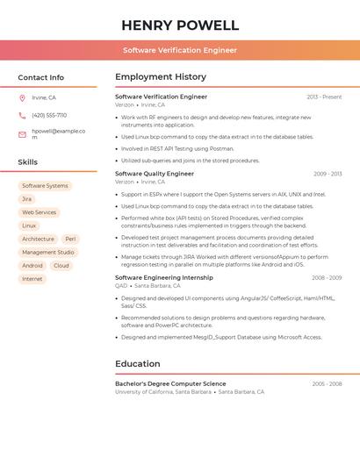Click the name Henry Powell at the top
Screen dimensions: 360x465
[x=180, y=25]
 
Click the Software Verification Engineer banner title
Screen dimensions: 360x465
[x=180, y=50]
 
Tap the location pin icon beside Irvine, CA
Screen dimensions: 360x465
[x=22, y=98]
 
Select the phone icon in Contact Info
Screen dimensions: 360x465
[x=22, y=115]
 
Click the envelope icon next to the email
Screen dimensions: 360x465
[x=22, y=134]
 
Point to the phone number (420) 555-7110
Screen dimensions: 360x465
[x=49, y=115]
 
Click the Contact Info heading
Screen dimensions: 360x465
[x=40, y=77]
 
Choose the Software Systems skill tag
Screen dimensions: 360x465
[x=45, y=186]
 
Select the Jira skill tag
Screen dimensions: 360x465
[x=26, y=199]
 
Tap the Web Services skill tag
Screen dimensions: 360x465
[x=39, y=212]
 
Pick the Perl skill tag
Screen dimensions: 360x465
[x=70, y=239]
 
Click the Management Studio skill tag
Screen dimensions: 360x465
[x=47, y=252]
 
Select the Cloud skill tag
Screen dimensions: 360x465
[x=61, y=265]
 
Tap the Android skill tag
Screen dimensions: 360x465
[x=32, y=265]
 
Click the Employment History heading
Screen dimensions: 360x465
[x=161, y=77]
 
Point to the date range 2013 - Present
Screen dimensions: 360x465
[x=324, y=97]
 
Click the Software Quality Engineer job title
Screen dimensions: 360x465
[x=155, y=174]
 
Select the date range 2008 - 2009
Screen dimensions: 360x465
[x=327, y=277]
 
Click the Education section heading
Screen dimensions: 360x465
[x=138, y=363]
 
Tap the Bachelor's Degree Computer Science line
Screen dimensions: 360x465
[x=170, y=383]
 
